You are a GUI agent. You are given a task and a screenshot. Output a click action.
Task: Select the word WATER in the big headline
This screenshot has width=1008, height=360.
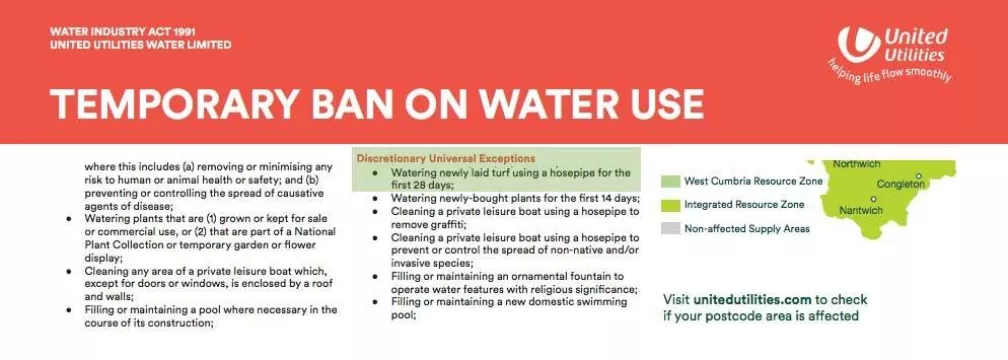(499, 104)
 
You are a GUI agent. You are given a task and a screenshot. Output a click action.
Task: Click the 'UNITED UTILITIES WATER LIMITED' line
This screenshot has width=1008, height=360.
(140, 45)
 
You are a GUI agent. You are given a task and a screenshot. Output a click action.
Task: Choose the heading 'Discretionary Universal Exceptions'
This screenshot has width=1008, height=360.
(445, 159)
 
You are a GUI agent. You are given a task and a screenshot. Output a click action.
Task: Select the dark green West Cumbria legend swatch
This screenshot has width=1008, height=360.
(671, 182)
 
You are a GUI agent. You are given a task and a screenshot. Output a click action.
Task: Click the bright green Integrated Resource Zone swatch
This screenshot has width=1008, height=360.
(671, 205)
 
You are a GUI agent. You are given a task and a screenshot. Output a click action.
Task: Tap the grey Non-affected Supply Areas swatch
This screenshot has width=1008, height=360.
(671, 229)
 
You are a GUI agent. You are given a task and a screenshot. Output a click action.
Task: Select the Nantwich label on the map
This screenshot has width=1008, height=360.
(860, 210)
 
